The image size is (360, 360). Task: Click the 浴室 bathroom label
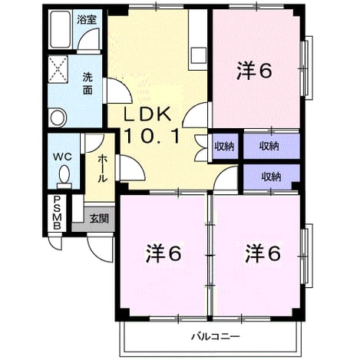click(x=87, y=20)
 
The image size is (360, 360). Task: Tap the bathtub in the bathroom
click(x=61, y=29)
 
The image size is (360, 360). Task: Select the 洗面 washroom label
click(x=88, y=84)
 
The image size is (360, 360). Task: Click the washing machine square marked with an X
click(x=58, y=69)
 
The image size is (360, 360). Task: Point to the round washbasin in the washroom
click(x=58, y=117)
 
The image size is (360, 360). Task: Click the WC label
click(x=62, y=157)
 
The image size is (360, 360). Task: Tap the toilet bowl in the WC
click(x=64, y=174)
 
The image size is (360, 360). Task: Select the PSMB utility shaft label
click(x=57, y=213)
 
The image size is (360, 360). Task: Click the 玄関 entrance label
click(x=99, y=219)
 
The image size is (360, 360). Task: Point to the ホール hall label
click(x=102, y=168)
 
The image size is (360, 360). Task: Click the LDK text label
click(x=147, y=114)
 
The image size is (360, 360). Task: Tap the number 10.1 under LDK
click(x=151, y=136)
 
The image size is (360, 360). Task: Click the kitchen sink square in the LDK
click(x=199, y=54)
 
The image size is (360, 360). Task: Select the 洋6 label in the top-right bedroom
click(x=254, y=70)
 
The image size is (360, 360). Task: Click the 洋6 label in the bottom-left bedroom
click(x=163, y=253)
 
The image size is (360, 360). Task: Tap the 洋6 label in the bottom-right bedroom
click(x=263, y=253)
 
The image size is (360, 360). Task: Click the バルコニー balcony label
click(x=216, y=336)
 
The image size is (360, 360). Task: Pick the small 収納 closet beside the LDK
click(x=224, y=146)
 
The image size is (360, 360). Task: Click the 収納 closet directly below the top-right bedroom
click(x=272, y=146)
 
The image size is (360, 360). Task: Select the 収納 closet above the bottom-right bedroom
click(x=272, y=177)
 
